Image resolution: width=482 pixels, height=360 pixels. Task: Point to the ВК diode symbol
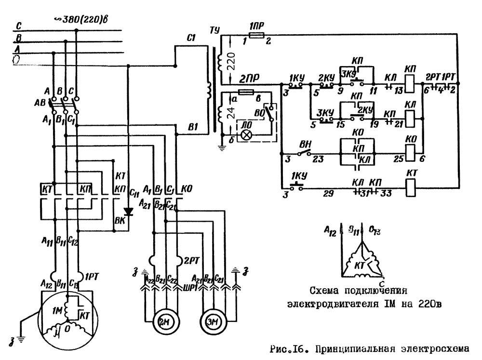(128, 212)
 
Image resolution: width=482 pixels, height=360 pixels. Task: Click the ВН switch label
(305, 144)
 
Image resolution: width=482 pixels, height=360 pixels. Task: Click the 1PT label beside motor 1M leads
(93, 277)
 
